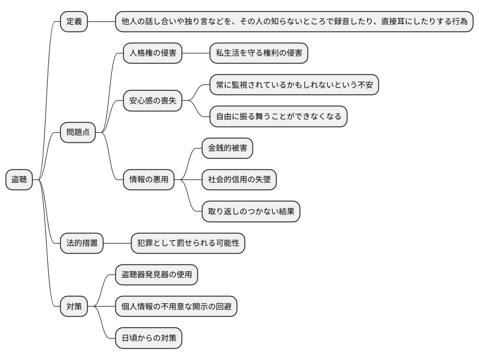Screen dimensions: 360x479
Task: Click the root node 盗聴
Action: [x=19, y=180]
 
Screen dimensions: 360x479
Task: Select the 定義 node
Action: [x=74, y=22]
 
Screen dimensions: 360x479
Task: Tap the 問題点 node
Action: [x=78, y=133]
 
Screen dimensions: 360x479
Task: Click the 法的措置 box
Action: [x=82, y=243]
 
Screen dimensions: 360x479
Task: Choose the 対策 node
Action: [x=74, y=307]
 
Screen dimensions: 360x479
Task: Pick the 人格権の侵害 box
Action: [x=153, y=53]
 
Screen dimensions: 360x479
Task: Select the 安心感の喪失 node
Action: [x=153, y=101]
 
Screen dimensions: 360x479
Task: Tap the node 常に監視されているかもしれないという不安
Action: [x=294, y=85]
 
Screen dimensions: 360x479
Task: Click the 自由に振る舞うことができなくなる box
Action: [x=278, y=117]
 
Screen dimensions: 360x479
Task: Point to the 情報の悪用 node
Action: [x=149, y=180]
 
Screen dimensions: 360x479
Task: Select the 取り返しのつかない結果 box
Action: [x=251, y=211]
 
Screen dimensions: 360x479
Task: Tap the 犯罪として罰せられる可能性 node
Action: [x=188, y=243]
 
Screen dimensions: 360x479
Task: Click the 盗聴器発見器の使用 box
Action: [x=157, y=275]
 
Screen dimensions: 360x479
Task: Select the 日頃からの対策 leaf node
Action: [x=149, y=338]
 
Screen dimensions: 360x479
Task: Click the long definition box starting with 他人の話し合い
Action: [x=294, y=22]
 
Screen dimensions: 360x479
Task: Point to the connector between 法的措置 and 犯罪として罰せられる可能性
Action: [x=118, y=243]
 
